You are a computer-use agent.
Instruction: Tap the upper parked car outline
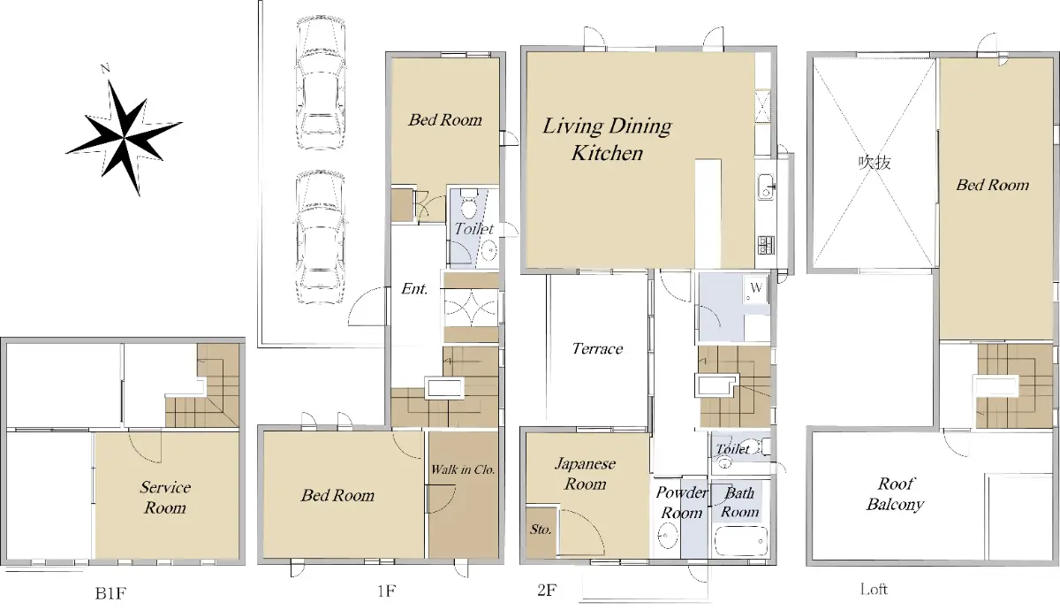point(321,82)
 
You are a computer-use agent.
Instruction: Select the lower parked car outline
point(320,237)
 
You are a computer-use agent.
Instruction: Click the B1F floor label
point(110,593)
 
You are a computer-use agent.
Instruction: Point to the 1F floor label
point(386,591)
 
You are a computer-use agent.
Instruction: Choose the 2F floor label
point(547,591)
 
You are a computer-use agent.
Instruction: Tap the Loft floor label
point(874,589)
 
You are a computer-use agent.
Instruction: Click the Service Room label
point(165,497)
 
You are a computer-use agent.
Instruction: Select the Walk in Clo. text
point(463,469)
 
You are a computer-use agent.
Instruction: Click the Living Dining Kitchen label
point(607,140)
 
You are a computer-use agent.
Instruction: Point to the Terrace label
point(597,348)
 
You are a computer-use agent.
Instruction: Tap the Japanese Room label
point(586,474)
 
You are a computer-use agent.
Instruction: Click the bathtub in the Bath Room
point(740,540)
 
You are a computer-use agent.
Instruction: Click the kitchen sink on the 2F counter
point(766,187)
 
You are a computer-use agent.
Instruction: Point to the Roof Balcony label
point(895,494)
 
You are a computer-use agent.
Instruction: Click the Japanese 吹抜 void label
point(874,163)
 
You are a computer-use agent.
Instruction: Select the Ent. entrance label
point(414,288)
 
